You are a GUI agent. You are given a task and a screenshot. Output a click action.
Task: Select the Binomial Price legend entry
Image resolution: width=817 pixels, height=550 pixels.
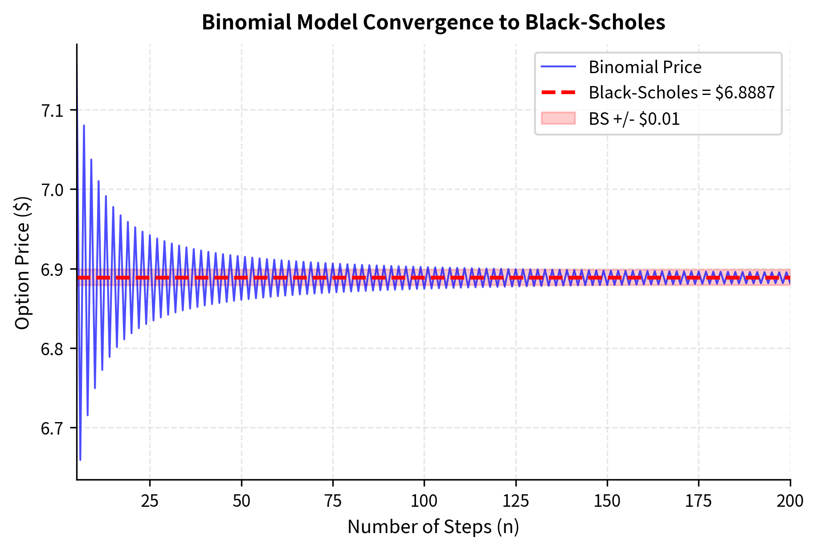click(645, 67)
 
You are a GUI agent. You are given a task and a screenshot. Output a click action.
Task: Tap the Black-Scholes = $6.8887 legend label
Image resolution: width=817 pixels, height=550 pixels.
click(682, 93)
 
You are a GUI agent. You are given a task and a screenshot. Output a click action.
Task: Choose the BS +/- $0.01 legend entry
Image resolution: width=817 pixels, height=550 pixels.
click(634, 119)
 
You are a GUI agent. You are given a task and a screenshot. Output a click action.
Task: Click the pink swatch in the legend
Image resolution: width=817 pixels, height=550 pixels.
click(558, 119)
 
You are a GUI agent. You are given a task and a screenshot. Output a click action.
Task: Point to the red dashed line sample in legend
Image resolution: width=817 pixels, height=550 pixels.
click(558, 93)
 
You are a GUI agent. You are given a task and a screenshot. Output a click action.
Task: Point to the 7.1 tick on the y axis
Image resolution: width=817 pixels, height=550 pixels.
click(53, 111)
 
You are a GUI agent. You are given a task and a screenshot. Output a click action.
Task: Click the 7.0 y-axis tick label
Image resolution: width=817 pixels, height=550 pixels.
click(53, 190)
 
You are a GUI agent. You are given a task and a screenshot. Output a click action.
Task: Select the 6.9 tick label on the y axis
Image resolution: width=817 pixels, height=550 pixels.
click(53, 270)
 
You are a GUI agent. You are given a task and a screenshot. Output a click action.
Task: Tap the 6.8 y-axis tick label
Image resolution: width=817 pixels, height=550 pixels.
click(53, 349)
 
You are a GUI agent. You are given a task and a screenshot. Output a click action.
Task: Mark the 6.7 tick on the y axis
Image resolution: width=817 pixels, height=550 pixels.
click(53, 428)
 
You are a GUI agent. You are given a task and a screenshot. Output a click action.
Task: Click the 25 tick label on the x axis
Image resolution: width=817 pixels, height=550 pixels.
click(150, 501)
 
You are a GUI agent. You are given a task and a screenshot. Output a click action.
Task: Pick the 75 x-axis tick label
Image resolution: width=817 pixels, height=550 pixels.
click(333, 501)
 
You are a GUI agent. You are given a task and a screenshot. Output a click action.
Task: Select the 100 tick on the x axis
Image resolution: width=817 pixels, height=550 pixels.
click(424, 501)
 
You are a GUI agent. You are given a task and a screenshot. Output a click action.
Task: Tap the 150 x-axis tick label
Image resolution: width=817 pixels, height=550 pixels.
click(607, 501)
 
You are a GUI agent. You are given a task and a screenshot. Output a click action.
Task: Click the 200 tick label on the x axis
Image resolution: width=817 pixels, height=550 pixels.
click(790, 501)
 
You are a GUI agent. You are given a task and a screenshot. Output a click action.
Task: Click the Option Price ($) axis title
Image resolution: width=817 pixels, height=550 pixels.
click(22, 263)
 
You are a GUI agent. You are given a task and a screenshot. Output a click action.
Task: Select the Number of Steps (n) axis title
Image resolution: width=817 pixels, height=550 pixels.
click(433, 526)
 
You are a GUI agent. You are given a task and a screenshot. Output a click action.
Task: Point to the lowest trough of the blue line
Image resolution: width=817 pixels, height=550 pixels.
click(80, 460)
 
